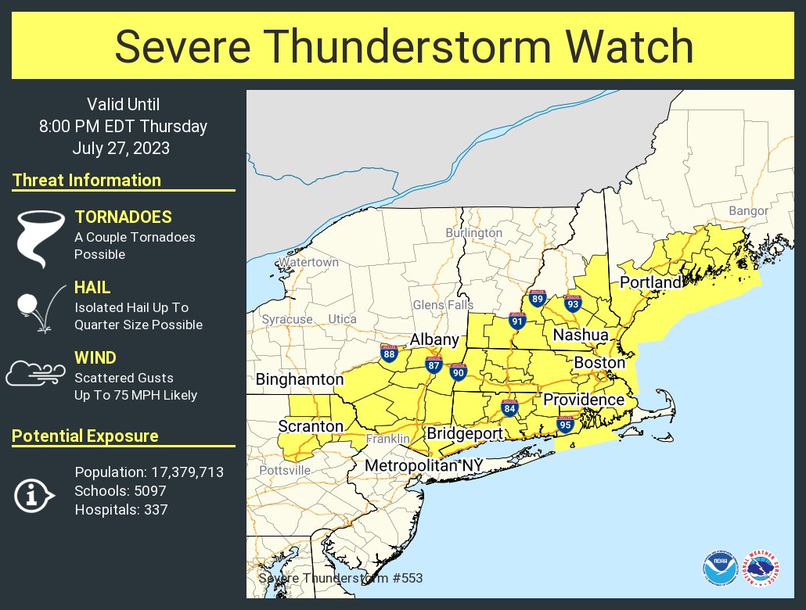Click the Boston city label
coord(599,363)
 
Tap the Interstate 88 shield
coord(389,353)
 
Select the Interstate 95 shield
coord(565,425)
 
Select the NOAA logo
coord(719,569)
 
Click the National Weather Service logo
coord(761,569)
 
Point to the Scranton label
coord(311,426)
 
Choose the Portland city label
coord(651,282)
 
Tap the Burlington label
coord(473,233)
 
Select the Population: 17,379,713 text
coord(149,472)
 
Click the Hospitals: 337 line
coord(121,510)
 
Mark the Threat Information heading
coord(87,181)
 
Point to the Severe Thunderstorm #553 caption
coord(340,578)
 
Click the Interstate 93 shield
coord(573,304)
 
